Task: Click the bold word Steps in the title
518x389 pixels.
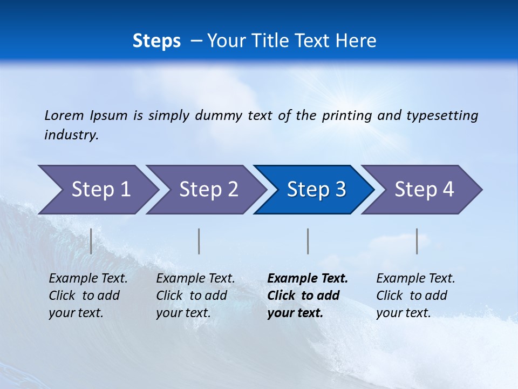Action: (x=156, y=41)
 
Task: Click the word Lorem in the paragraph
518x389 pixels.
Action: (x=64, y=116)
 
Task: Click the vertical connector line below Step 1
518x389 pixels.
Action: (x=91, y=241)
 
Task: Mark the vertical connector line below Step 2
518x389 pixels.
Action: (x=199, y=241)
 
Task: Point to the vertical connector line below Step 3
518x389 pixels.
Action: (x=308, y=241)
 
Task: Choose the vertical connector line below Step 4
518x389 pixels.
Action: (x=417, y=241)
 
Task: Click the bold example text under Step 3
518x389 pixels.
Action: (x=307, y=296)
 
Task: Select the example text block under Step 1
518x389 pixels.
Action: (x=88, y=296)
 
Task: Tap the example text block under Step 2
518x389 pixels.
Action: (x=195, y=296)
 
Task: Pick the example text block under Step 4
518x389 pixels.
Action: (x=415, y=296)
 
